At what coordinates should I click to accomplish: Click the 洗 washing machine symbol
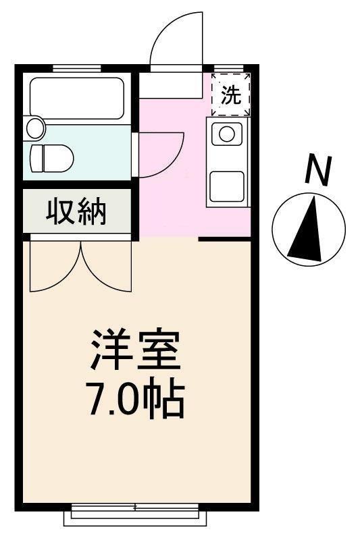tap(230, 95)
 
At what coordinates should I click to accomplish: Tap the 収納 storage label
tap(76, 211)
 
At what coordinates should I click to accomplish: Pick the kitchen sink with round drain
tap(226, 133)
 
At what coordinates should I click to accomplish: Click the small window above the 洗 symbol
tap(230, 67)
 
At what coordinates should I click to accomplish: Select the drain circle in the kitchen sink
tap(226, 133)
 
